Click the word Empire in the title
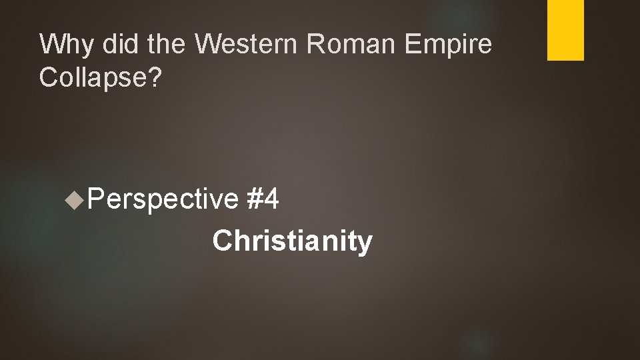coord(453,46)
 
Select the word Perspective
coord(162,199)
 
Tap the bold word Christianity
coord(292,241)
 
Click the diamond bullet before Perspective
coord(75,197)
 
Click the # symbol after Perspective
coord(254,198)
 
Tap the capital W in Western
coord(212,45)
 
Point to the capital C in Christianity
coord(222,241)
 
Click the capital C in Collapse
coord(49,77)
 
